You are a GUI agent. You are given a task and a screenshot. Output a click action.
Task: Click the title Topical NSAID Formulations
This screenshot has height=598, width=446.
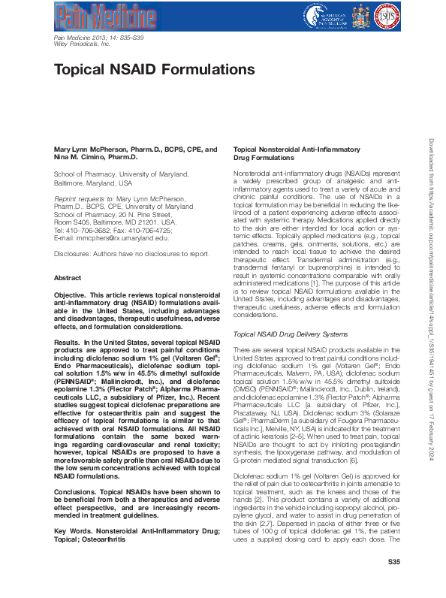click(x=154, y=70)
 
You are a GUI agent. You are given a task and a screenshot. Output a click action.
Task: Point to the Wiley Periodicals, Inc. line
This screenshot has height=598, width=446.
click(x=83, y=44)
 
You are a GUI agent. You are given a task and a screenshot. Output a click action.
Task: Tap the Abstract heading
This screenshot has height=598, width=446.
click(x=68, y=278)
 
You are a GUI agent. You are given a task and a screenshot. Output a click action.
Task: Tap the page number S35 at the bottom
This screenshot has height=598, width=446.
click(x=393, y=582)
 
